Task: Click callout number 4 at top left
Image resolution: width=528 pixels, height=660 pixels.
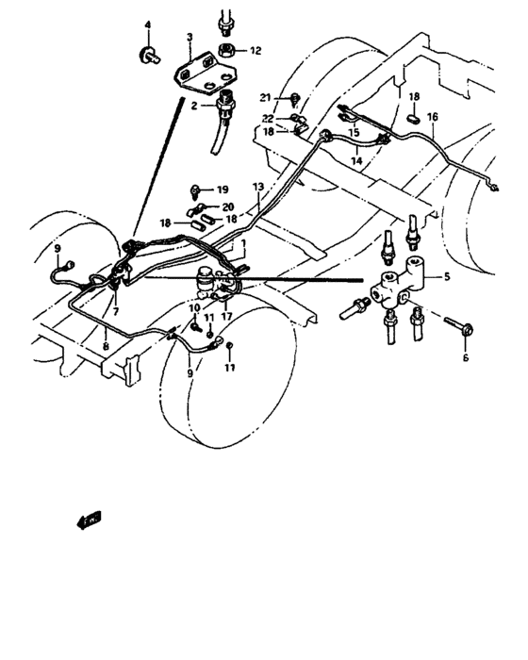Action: [147, 24]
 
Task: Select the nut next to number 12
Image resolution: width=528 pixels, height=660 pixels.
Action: [227, 49]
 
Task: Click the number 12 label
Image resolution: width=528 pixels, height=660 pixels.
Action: [256, 50]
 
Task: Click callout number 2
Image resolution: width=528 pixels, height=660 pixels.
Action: [193, 107]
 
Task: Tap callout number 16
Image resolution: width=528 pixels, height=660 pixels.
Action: [433, 117]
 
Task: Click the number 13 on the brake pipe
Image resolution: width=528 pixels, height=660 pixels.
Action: [256, 189]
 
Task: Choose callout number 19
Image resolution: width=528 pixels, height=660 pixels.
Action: [223, 190]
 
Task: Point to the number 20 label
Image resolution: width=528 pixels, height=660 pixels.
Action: [227, 206]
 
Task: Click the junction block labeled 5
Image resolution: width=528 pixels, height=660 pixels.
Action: [403, 280]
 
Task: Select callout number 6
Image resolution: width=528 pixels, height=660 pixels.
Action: [465, 357]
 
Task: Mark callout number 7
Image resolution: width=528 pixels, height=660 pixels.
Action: [116, 310]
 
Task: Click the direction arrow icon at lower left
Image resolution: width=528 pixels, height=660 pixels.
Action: [91, 517]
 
